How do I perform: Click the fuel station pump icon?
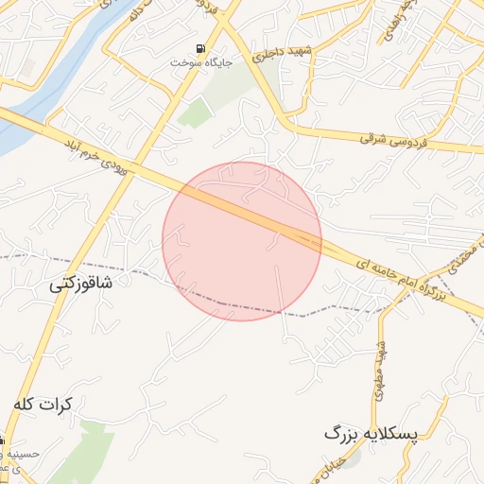point(200,48)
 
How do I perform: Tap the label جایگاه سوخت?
point(200,62)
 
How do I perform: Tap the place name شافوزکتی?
point(81,282)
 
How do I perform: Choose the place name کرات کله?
point(43,404)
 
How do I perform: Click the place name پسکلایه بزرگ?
point(371,433)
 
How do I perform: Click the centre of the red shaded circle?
point(242,241)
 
